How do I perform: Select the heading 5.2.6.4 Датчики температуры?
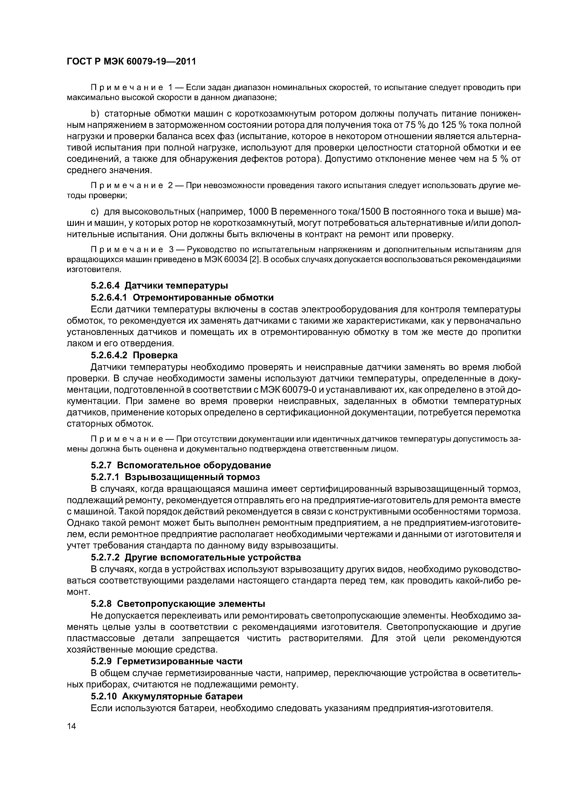159,286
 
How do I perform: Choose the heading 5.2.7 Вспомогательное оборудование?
181,465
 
